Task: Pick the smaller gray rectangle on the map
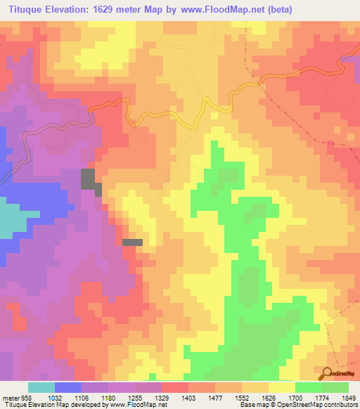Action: (x=132, y=242)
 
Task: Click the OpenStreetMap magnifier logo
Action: (x=328, y=374)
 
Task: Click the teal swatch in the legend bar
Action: (x=41, y=387)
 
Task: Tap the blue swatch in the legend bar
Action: (x=67, y=387)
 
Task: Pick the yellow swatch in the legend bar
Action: (x=281, y=387)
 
